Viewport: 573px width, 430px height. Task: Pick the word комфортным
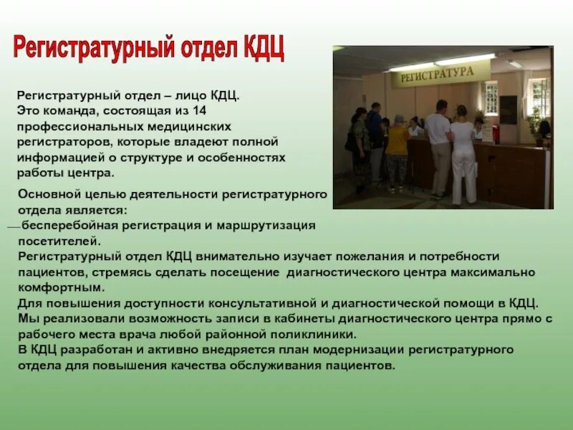click(62, 287)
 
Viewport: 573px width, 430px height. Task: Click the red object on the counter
click(488, 133)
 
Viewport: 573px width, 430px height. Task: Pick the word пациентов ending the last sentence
click(362, 365)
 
